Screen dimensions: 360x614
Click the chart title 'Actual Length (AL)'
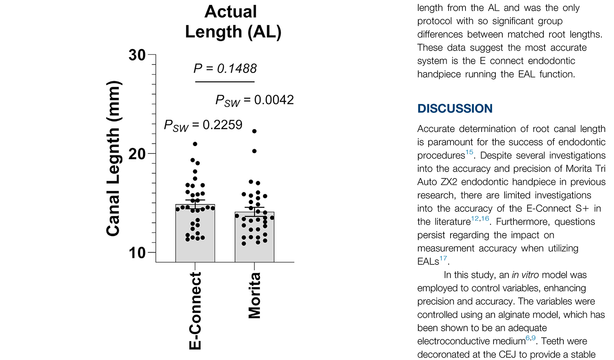[x=233, y=22]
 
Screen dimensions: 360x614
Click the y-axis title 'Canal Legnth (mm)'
[x=114, y=159]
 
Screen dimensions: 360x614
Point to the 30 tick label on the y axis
[x=137, y=55]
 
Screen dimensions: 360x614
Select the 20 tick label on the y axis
[x=137, y=154]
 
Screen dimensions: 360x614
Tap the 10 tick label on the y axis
[x=137, y=253]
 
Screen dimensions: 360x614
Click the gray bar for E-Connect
[x=195, y=249]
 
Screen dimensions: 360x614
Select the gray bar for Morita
[x=254, y=251]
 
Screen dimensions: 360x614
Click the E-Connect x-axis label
[x=195, y=311]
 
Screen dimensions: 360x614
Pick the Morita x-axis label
[x=254, y=296]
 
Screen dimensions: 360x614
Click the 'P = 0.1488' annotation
[x=225, y=69]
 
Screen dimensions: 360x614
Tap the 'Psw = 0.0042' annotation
[x=254, y=101]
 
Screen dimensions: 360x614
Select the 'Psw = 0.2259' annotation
[x=203, y=125]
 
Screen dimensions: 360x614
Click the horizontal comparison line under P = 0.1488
[x=225, y=82]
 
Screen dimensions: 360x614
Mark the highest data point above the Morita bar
[x=254, y=131]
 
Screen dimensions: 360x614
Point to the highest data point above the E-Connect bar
[x=195, y=144]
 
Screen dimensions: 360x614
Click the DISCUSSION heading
[x=455, y=109]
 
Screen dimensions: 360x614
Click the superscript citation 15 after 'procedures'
[x=469, y=152]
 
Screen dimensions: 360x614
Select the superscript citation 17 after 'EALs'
[x=443, y=258]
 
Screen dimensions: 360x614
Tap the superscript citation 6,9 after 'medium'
[x=530, y=338]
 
